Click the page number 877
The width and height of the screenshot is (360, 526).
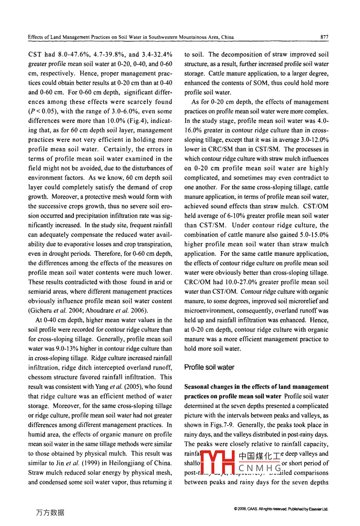pos(324,37)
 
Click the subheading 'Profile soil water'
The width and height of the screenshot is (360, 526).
pos(209,367)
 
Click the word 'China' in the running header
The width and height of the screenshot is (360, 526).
pos(226,37)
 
